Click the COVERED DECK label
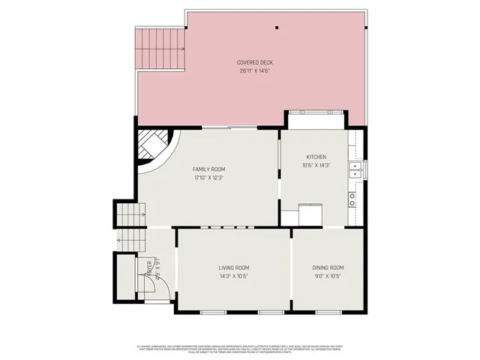(x=254, y=62)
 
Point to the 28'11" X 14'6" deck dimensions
(x=254, y=70)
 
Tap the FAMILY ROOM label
(x=208, y=169)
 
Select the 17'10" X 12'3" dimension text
(x=208, y=178)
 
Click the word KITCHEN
(x=316, y=157)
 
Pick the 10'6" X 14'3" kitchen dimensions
(x=316, y=165)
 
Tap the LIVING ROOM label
(x=234, y=268)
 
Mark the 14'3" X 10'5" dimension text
(x=234, y=276)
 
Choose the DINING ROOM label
(x=328, y=268)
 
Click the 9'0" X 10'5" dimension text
(x=328, y=276)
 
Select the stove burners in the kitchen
(x=352, y=199)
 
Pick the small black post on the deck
(x=277, y=28)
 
